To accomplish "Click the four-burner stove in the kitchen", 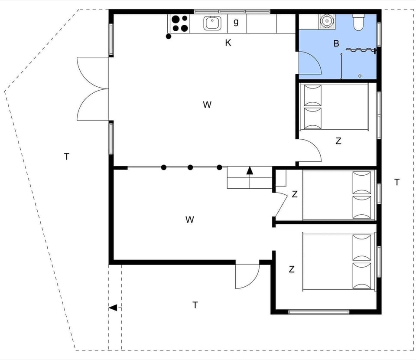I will (x=180, y=23).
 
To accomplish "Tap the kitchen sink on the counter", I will (x=212, y=23).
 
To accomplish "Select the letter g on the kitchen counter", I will (x=236, y=22).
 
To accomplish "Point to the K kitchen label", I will (x=228, y=43).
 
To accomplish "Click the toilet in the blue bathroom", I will (x=359, y=22).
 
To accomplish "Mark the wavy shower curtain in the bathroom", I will (x=360, y=50).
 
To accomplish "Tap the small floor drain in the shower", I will (x=360, y=76).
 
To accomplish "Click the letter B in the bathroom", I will (x=336, y=43).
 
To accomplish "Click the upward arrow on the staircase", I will (x=250, y=170).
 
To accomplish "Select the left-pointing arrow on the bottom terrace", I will (x=113, y=308).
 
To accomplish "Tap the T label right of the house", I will (x=397, y=182).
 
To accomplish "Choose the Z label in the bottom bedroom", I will (x=292, y=269).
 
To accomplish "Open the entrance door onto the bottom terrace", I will (x=247, y=277).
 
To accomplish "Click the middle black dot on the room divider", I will (x=190, y=167).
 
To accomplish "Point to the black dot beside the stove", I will (x=169, y=36).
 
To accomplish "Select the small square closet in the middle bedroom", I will (x=281, y=178).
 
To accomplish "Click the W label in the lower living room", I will (x=189, y=220).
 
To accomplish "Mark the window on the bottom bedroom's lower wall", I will (x=319, y=311).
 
